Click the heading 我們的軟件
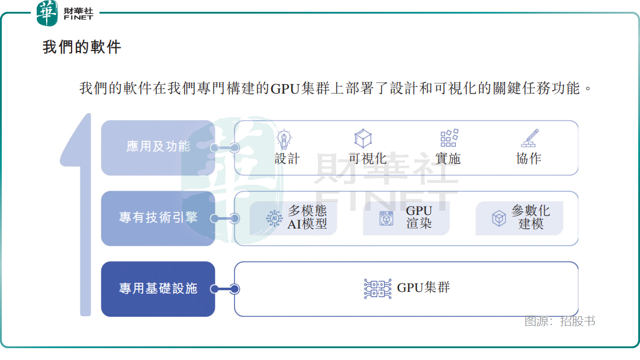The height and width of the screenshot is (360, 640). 82,47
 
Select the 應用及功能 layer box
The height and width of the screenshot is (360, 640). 157,147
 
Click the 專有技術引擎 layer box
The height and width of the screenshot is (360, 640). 157,218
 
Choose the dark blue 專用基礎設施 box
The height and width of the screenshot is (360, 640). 157,289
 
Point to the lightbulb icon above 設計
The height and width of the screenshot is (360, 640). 285,139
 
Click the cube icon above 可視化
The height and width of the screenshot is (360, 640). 362,139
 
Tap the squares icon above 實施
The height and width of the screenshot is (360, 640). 449,139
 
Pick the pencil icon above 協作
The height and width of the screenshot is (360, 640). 529,139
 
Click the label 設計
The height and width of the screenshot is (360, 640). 287,159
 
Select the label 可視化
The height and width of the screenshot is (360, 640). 367,159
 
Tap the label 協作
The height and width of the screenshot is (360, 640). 529,159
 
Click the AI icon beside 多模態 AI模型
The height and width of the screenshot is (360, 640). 274,218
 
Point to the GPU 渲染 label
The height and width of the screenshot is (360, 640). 419,217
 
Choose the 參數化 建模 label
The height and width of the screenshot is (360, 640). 531,217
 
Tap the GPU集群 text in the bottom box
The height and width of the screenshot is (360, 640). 423,288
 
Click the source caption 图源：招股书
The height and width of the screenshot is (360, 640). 559,322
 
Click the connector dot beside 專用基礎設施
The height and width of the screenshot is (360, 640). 234,289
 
